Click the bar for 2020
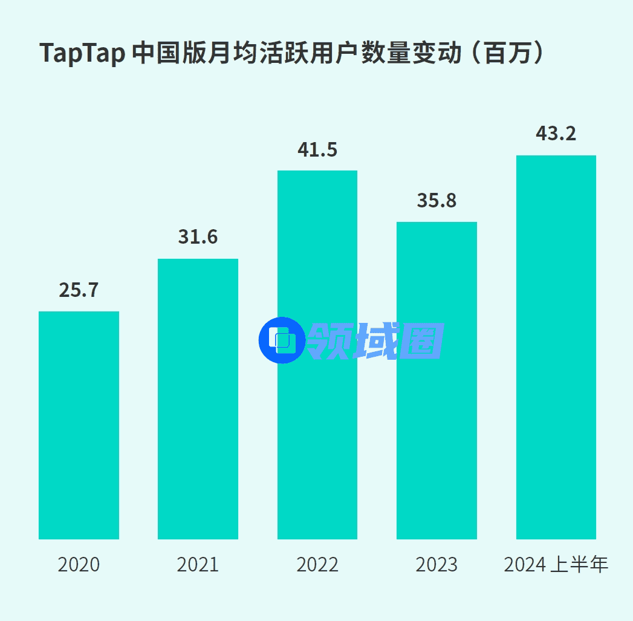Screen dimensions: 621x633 pyautogui.click(x=79, y=425)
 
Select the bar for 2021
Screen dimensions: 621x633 pyautogui.click(x=198, y=399)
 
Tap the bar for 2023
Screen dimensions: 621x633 pyautogui.click(x=437, y=380)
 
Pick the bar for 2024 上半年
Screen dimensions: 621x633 pyautogui.click(x=556, y=347)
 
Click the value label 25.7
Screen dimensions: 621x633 pyautogui.click(x=79, y=290)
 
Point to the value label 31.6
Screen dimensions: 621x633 pyautogui.click(x=198, y=238)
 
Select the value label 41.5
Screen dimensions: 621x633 pyautogui.click(x=317, y=149)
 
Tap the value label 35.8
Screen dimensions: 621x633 pyautogui.click(x=437, y=201)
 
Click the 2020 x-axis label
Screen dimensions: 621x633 pyautogui.click(x=79, y=565)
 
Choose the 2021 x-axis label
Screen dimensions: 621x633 pyautogui.click(x=198, y=565)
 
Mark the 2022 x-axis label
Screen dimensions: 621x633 pyautogui.click(x=317, y=565)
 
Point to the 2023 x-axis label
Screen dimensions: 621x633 pyautogui.click(x=437, y=565)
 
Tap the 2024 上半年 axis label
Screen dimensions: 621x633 pyautogui.click(x=556, y=565)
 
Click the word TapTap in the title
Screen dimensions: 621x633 pyautogui.click(x=82, y=53)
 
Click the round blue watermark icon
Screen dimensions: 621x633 pyautogui.click(x=281, y=340)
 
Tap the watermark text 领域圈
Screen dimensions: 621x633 pyautogui.click(x=376, y=340)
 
